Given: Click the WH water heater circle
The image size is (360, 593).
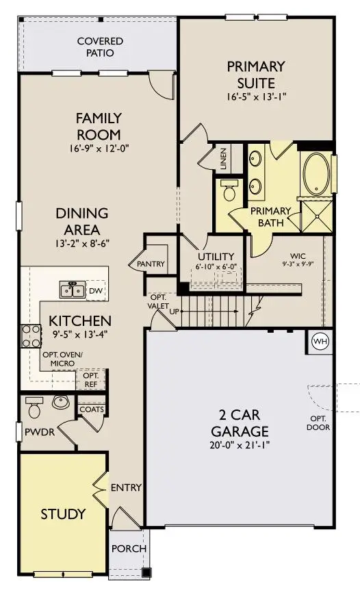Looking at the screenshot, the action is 320,342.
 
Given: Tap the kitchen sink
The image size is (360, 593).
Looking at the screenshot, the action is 73,290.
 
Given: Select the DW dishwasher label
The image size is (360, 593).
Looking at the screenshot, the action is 95,291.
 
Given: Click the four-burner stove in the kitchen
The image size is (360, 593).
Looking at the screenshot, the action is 31,336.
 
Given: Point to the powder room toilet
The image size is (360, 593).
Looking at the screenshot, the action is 34,407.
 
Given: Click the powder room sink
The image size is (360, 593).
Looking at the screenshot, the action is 60,402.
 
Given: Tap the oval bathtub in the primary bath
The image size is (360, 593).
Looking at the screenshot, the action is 316,174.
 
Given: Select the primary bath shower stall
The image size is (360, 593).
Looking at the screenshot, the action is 316,216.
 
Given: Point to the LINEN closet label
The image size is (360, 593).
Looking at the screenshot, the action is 224,158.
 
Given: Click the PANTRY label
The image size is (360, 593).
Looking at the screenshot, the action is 151,264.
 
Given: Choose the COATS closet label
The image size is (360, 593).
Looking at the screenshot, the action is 92,409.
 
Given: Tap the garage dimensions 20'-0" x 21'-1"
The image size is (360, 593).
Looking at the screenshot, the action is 240,445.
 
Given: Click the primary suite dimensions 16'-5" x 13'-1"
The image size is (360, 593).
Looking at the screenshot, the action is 257,97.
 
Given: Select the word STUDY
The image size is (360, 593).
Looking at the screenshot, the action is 63,514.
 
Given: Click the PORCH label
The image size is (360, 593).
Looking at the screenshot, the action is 129,548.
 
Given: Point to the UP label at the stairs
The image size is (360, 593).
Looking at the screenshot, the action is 175,312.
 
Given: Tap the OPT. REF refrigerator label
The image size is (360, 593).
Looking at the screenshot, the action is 91,380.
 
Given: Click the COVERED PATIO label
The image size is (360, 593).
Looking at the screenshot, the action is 100,47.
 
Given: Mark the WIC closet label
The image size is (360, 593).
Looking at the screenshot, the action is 298,256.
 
